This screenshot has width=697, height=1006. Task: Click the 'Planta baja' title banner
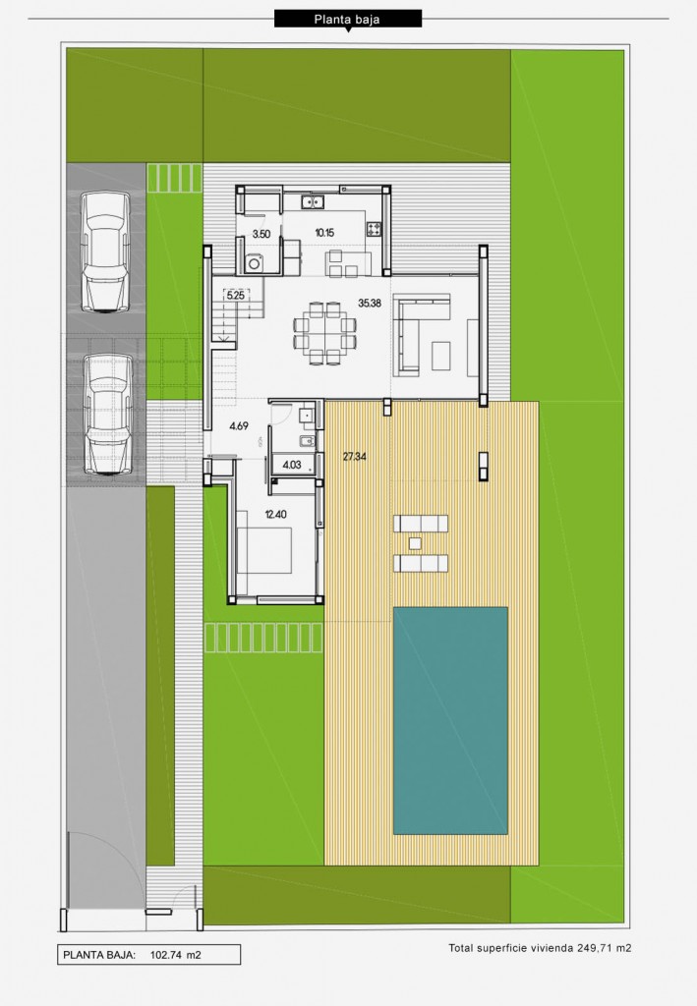[x=348, y=19]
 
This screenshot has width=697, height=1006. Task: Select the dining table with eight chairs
[x=324, y=334]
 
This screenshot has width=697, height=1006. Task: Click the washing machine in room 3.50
[x=255, y=263]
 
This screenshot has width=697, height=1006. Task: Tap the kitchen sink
[x=313, y=202]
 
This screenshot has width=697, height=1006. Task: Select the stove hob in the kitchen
[x=375, y=228]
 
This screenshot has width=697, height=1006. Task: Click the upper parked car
[x=104, y=251]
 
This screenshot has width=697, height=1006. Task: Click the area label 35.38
[x=370, y=303]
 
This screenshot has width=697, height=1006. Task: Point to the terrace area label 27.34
[x=354, y=457]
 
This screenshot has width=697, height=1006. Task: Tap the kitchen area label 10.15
[x=324, y=233]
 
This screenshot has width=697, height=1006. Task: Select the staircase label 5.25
[x=236, y=296]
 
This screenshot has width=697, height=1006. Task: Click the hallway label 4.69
[x=239, y=425]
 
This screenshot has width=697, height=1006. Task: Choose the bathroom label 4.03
[x=292, y=465]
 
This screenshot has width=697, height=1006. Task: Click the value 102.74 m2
[x=175, y=955]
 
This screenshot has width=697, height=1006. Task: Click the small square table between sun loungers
[x=415, y=543]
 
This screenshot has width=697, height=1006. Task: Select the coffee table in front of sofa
[x=441, y=356]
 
